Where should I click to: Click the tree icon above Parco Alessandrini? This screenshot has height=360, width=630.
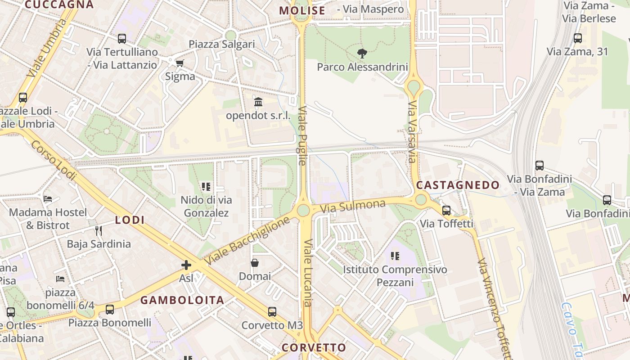click(362, 54)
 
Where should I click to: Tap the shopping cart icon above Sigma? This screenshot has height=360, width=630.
click(180, 63)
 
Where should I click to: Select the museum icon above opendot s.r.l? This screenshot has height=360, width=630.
click(258, 102)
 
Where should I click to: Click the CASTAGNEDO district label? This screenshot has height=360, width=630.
click(458, 185)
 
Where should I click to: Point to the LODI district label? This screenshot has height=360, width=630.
click(130, 220)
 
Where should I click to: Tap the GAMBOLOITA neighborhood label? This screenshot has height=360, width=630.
click(182, 300)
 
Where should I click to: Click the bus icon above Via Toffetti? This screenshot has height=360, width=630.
click(446, 210)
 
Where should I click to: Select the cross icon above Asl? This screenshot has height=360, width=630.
click(186, 265)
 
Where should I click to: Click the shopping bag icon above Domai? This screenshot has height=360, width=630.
click(255, 263)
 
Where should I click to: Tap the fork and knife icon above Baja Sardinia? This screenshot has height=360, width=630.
click(99, 231)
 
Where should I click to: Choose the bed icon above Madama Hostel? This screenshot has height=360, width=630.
click(48, 199)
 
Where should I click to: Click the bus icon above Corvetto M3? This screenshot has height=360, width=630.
click(272, 312)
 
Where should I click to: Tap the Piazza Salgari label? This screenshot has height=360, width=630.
click(222, 44)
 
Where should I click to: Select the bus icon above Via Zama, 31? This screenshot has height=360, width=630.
click(578, 38)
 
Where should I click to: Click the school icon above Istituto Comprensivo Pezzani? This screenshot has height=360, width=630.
click(395, 256)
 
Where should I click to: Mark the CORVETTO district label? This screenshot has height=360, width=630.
click(314, 347)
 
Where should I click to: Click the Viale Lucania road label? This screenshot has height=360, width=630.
click(308, 272)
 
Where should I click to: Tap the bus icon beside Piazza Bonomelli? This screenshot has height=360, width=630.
click(109, 310)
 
